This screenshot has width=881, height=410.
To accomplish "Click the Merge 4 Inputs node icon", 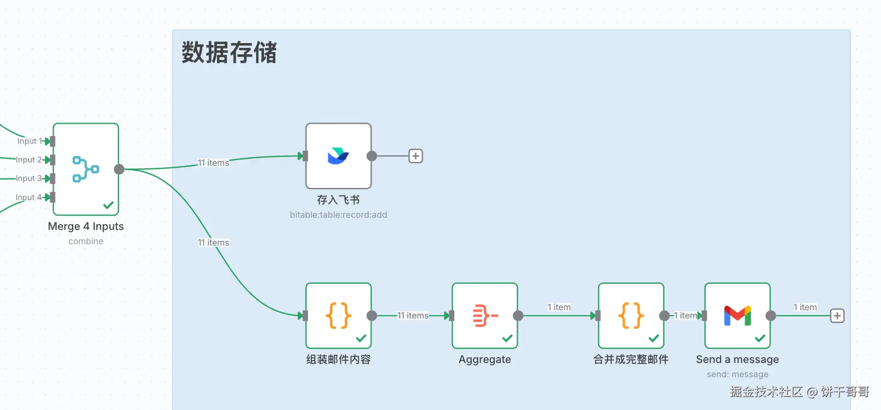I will pos(86,169).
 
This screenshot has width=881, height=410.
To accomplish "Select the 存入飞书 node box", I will pos(338,156).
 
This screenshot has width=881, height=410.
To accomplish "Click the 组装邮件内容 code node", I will pos(338,316).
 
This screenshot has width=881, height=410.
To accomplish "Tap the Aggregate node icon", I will pos(485,316).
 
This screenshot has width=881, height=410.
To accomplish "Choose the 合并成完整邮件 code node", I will pos(631,316).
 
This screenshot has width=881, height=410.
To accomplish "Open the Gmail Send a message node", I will pos(737,316).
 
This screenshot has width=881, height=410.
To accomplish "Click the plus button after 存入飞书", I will pos(416,156).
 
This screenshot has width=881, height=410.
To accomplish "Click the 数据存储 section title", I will pos(229,52).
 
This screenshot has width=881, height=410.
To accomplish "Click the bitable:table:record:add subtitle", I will pos(338,215).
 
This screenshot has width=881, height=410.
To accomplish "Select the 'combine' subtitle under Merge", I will pos(86,241).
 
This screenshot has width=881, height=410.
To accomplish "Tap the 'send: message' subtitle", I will pos(737,374).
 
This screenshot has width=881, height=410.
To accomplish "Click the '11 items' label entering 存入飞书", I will pos(213,163).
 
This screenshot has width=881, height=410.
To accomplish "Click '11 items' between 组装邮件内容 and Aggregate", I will pos(413,316).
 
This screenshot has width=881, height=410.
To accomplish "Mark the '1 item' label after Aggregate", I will pos(559,307).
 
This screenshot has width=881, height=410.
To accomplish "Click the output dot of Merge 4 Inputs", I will pos(119,169).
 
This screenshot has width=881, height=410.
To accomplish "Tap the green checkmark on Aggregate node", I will pos(507,338).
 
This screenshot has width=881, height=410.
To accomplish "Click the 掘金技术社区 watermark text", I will pos(766,392).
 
